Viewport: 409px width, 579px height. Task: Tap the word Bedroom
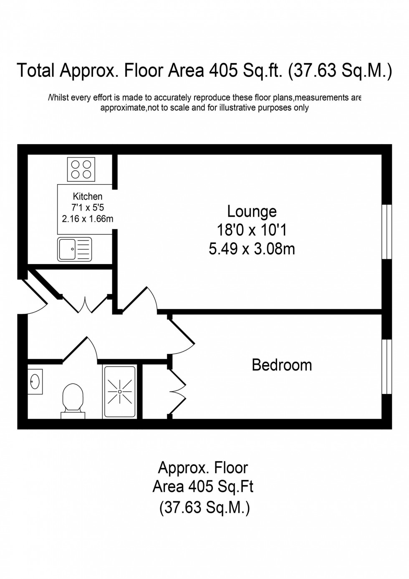tap(282, 365)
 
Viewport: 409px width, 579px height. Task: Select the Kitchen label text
tap(88, 196)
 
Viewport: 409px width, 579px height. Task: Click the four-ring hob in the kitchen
tap(81, 169)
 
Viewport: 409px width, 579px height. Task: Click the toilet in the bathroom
tap(73, 400)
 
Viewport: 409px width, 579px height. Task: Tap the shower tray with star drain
tap(120, 391)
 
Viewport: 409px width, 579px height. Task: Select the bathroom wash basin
tap(35, 381)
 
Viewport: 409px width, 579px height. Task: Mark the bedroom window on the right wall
tap(387, 366)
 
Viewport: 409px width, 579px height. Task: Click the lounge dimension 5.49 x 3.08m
tap(252, 249)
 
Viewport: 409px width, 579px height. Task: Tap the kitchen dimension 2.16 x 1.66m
tap(88, 218)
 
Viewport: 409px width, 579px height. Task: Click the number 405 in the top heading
tap(220, 71)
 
